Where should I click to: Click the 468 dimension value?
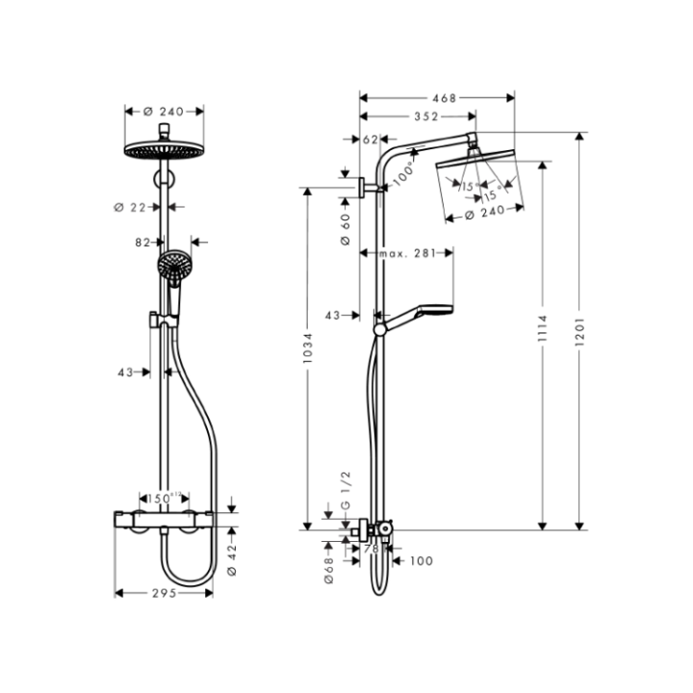[444, 97]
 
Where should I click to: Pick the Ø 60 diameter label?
[345, 228]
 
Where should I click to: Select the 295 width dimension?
[164, 594]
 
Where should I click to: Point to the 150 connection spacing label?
[161, 498]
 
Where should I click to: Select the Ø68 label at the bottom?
[328, 560]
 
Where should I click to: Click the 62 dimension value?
[372, 140]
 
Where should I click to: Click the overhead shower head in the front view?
[165, 151]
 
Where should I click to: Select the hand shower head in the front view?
[174, 267]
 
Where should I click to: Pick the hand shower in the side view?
[424, 314]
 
